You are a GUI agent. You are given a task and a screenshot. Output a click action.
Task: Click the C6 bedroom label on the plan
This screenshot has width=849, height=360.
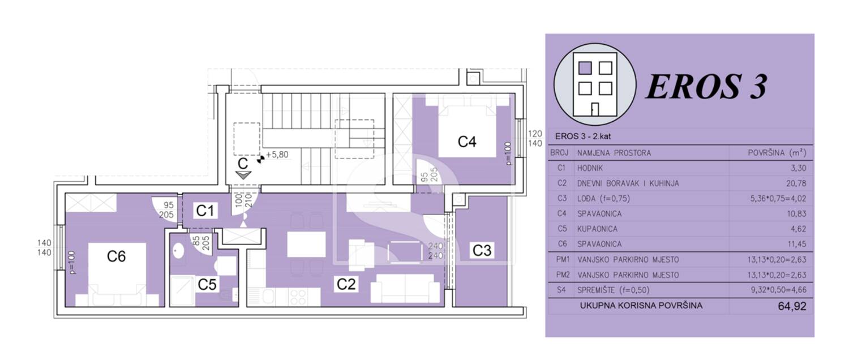point(116,256)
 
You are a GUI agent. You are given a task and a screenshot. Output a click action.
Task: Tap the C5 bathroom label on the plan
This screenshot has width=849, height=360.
point(207,285)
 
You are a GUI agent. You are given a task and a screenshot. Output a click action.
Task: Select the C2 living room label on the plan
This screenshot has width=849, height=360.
point(346,284)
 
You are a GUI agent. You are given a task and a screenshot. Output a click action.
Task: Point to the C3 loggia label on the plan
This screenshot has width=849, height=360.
point(482,251)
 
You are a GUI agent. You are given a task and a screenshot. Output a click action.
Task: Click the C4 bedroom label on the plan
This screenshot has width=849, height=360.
point(466,142)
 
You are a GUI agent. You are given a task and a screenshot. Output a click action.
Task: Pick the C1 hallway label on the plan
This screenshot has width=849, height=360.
point(205,211)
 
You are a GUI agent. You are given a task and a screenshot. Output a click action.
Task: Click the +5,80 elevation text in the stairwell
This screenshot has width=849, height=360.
point(277,155)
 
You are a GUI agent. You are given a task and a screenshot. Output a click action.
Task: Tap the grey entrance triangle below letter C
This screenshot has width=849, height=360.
point(243,175)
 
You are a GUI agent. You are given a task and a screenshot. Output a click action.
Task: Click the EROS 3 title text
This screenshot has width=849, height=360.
point(706,87)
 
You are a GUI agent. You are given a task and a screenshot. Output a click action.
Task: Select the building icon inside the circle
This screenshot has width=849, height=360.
point(595,84)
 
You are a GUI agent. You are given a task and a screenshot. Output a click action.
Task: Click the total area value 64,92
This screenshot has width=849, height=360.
point(792,306)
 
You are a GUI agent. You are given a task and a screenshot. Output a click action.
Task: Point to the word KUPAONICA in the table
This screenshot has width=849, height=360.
point(597,229)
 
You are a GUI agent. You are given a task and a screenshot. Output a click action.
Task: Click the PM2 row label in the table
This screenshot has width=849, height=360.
point(563,275)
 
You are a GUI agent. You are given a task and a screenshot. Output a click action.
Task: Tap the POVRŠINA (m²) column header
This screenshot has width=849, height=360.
point(777,153)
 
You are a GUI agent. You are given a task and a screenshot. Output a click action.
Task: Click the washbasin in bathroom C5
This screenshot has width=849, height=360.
point(178,251)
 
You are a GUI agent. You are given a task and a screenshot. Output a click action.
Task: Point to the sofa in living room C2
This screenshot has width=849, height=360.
point(405,288)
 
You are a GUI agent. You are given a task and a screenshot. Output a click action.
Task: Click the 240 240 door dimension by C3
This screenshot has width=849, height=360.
point(435,251)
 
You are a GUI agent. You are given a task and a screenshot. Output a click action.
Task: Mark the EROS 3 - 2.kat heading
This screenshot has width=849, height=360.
point(583,136)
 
